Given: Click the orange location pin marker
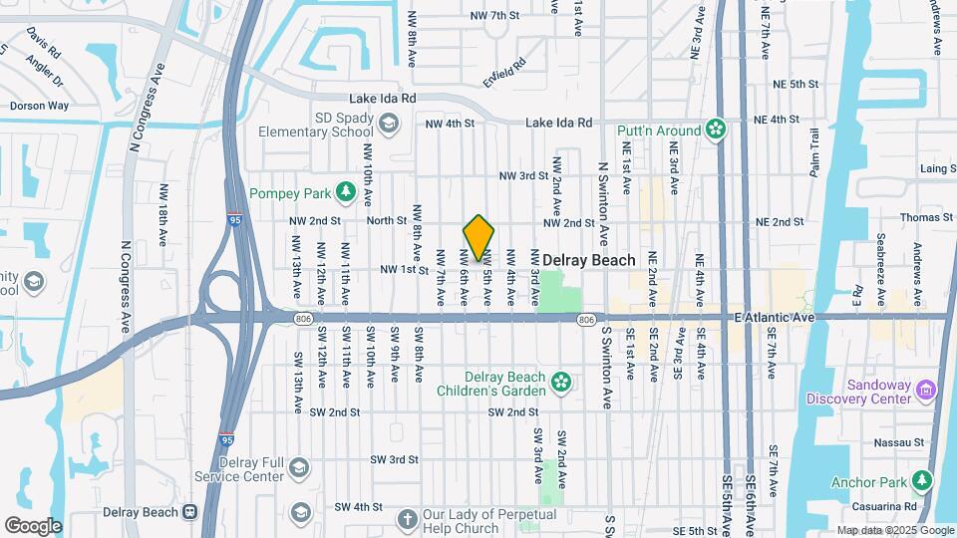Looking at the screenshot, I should pyautogui.click(x=479, y=238).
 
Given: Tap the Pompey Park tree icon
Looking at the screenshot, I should pyautogui.click(x=346, y=190).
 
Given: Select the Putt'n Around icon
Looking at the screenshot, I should pyautogui.click(x=715, y=129).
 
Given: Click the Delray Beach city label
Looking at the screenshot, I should pyautogui.click(x=588, y=260).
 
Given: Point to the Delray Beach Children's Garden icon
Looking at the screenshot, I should pyautogui.click(x=561, y=382).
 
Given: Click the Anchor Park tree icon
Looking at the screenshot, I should pyautogui.click(x=922, y=482).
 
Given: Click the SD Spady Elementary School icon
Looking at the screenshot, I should pyautogui.click(x=389, y=123).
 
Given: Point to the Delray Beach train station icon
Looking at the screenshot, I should pyautogui.click(x=187, y=512).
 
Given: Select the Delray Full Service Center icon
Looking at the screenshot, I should pyautogui.click(x=298, y=468).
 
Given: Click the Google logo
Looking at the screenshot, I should pyautogui.click(x=33, y=525).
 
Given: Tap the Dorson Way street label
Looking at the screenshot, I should pyautogui.click(x=39, y=106).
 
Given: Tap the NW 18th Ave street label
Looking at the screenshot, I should pyautogui.click(x=162, y=214).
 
